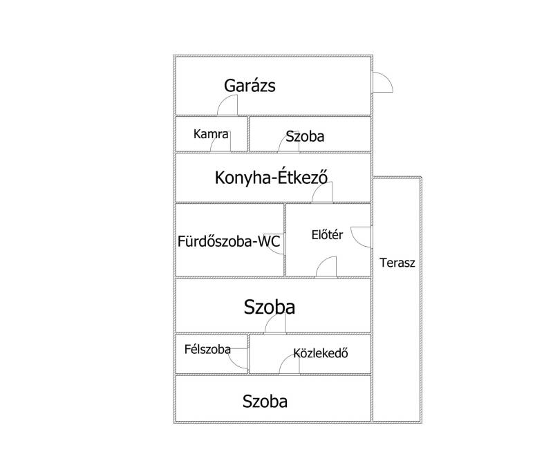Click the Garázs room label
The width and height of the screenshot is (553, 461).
250,86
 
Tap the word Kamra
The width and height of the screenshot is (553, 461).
211,134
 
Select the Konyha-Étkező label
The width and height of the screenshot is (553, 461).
271,178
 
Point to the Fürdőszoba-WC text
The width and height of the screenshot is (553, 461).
229,242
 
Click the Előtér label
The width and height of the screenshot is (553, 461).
327,235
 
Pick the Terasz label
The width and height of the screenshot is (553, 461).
397,263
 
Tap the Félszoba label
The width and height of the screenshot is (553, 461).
207,349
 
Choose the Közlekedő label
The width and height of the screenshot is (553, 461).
321,353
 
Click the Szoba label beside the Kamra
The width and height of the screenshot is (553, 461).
305,136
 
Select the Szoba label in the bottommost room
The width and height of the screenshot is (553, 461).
265,402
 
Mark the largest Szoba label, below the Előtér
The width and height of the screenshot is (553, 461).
270,307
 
